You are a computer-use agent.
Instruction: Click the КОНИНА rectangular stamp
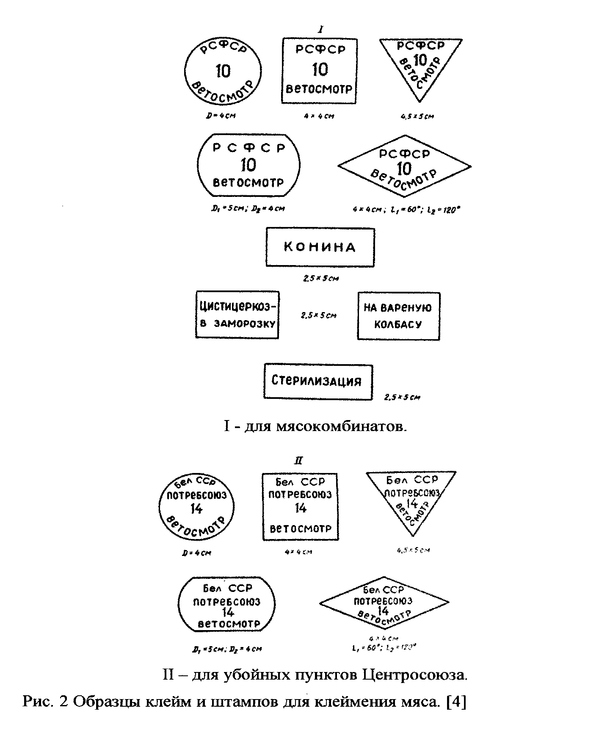click(320, 247)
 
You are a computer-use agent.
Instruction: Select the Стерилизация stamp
click(318, 381)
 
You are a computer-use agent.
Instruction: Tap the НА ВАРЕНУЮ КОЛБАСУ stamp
click(398, 316)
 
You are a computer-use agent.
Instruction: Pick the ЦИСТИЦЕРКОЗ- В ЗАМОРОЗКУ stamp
click(237, 315)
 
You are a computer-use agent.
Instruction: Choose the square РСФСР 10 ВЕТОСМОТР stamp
click(320, 71)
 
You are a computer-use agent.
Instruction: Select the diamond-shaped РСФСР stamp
click(405, 166)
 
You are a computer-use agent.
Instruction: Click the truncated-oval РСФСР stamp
click(248, 165)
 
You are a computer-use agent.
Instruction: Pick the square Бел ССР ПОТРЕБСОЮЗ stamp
click(300, 507)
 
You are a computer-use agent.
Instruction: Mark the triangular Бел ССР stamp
click(411, 498)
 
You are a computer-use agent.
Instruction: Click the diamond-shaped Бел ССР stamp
click(384, 603)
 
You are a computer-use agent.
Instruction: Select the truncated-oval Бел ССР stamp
click(227, 604)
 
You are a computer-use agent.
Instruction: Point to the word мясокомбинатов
click(341, 426)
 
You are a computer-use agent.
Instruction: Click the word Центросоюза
click(415, 674)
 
